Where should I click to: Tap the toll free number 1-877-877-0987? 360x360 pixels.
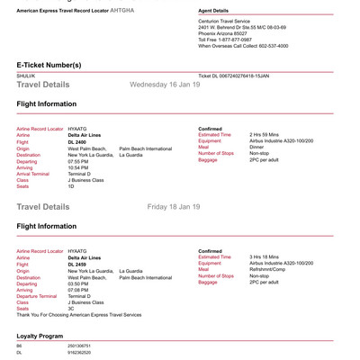(x=243, y=40)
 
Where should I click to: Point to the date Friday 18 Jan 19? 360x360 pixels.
(x=173, y=207)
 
